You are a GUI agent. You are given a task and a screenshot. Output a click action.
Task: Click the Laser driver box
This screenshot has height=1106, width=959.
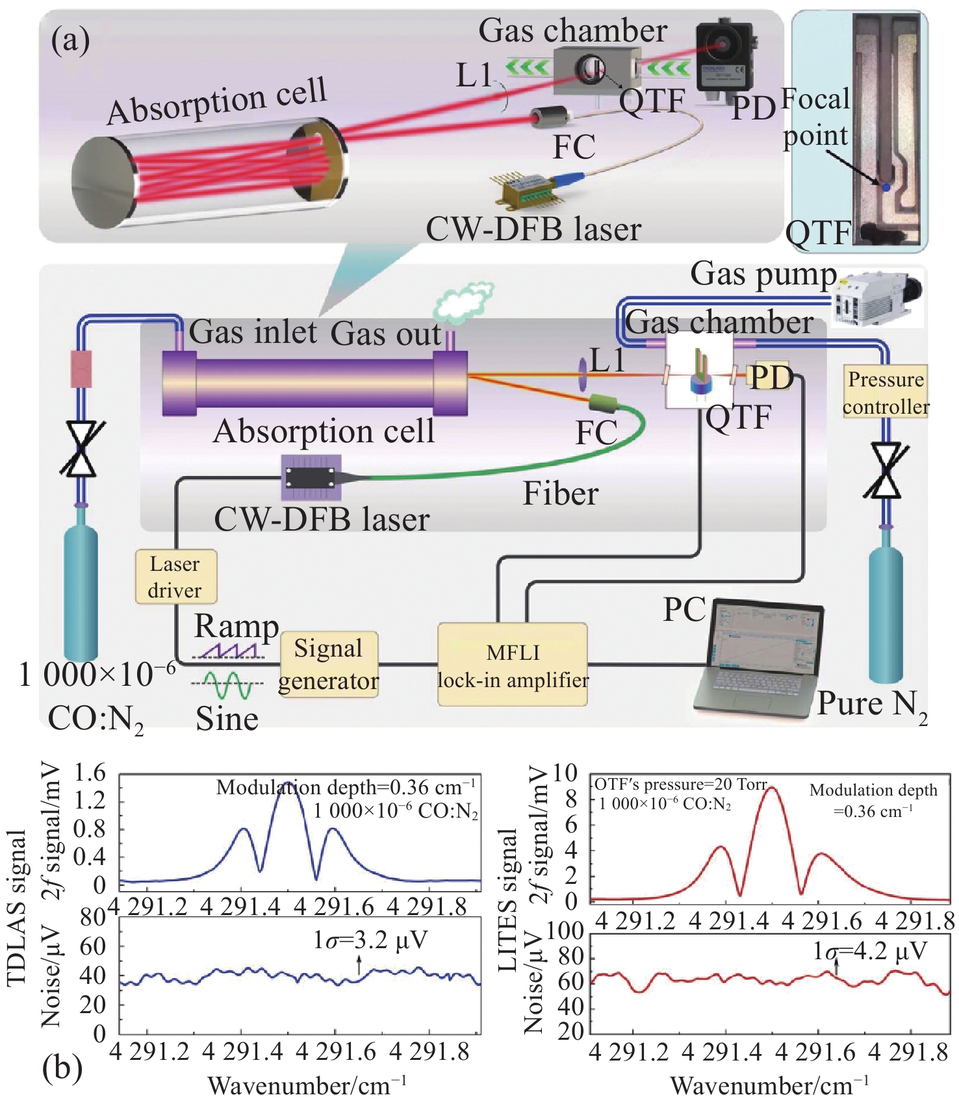175,577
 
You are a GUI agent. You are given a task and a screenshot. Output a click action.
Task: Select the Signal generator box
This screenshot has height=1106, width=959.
329,664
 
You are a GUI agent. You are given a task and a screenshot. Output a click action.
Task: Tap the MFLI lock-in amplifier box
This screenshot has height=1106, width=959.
513,664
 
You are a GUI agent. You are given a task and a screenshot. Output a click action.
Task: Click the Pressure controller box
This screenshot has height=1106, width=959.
886,392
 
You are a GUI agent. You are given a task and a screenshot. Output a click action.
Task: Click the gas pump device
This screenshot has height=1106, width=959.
877,299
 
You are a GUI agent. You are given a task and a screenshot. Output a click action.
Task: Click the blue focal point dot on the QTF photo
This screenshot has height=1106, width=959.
885,187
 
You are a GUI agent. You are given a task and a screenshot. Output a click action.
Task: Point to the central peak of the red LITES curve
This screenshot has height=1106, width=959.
772,788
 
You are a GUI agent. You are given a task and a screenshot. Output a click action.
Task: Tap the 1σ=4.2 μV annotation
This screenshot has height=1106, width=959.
869,951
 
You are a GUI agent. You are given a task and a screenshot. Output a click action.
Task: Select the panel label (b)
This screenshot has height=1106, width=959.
62,1068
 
